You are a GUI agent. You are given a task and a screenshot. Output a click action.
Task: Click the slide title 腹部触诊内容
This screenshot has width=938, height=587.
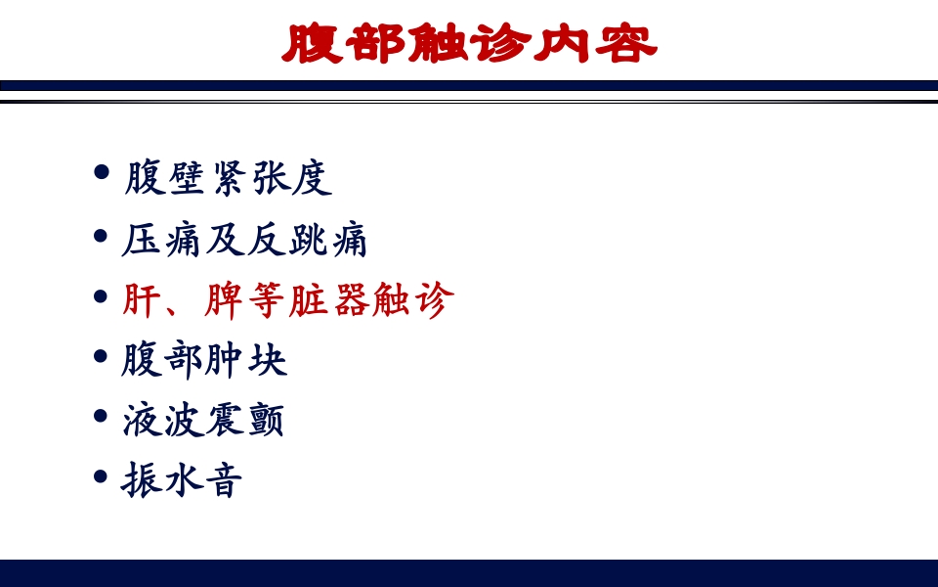tap(469, 44)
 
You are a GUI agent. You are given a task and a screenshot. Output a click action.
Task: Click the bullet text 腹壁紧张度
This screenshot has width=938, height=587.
tap(228, 178)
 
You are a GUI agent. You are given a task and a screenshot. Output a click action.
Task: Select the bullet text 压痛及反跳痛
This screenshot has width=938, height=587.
tap(244, 240)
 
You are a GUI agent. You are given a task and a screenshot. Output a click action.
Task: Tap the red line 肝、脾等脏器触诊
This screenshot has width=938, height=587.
tap(288, 300)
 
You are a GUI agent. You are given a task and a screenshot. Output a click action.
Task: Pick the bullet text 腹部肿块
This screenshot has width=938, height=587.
tap(204, 360)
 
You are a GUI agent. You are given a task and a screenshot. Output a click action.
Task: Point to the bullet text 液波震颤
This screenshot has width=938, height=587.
tap(203, 421)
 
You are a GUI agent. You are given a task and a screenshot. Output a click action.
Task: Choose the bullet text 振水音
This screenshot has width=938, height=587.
tap(182, 480)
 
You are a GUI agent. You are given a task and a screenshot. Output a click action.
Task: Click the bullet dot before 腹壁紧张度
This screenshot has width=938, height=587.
tap(101, 174)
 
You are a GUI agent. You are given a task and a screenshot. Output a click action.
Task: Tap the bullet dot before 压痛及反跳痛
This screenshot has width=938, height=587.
tap(101, 236)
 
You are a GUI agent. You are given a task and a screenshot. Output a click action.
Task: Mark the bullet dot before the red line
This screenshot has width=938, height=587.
tap(101, 295)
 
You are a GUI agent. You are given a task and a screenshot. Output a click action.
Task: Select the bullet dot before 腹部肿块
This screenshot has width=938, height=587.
tap(101, 356)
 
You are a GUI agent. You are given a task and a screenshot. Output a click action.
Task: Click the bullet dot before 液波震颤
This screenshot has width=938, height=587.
tap(101, 416)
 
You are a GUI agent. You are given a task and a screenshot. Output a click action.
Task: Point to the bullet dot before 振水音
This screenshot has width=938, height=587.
tap(101, 476)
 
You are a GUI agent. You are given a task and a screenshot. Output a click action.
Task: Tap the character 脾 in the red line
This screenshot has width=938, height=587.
tap(224, 300)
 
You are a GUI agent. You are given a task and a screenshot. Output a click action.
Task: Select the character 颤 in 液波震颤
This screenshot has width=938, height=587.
tap(266, 421)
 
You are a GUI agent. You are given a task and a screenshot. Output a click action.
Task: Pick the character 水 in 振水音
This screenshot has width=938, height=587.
tap(182, 480)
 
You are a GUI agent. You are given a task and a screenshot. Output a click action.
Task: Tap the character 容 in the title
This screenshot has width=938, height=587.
tap(625, 44)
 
